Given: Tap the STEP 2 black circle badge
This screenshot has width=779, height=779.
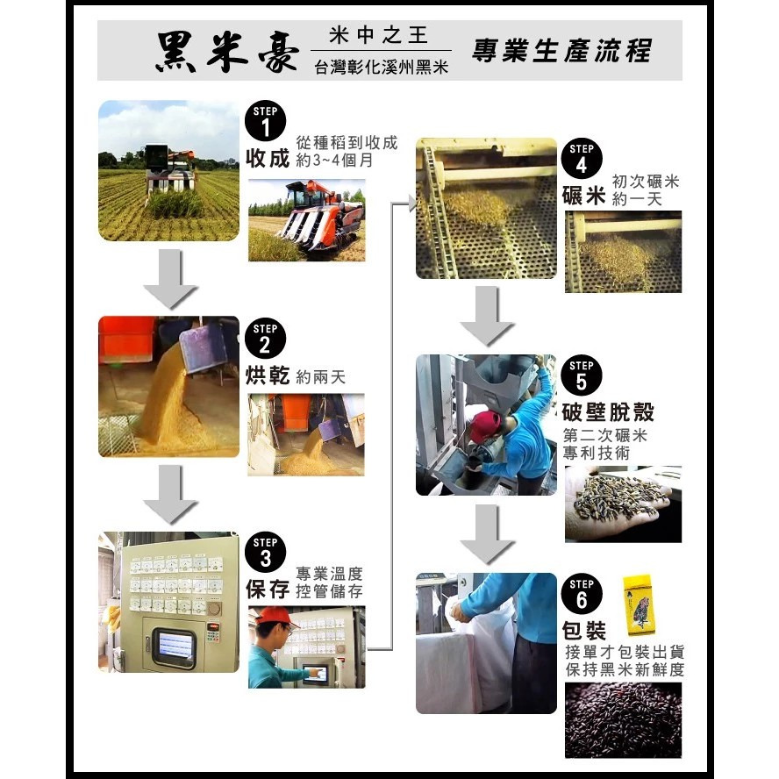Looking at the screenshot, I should [266, 339].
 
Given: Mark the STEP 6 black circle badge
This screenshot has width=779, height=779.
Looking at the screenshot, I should [582, 594].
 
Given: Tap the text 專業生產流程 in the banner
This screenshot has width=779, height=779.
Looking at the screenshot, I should [561, 51].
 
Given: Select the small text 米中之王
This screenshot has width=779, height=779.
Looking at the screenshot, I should [381, 36].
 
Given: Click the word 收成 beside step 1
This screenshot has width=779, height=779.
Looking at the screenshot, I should [268, 158].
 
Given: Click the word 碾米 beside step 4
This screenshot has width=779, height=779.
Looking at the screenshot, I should [584, 195].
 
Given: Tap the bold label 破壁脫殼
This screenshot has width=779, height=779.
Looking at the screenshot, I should [608, 412].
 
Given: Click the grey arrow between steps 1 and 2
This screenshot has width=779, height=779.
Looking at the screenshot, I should [169, 278].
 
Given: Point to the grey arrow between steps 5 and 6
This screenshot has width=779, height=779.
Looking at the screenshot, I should [487, 533].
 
